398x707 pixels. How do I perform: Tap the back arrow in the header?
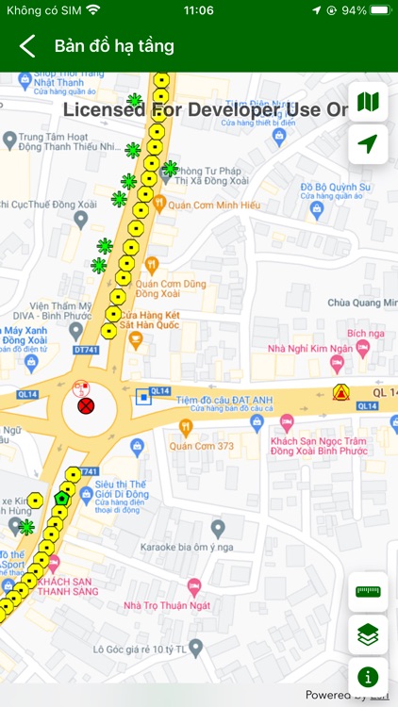coord(27,46)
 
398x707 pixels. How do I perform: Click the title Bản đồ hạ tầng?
coord(114,46)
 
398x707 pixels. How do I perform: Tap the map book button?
coord(368,102)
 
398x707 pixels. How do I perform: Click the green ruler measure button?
coord(368,591)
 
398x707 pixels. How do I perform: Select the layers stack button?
coord(368,634)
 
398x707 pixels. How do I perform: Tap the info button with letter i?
coord(368,676)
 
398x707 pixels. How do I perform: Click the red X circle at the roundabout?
coord(86,406)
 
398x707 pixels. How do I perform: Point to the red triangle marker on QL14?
coord(340,392)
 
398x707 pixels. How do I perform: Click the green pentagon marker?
coord(62,497)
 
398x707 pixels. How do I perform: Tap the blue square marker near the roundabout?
coord(142,397)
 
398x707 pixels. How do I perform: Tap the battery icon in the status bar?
coord(380,10)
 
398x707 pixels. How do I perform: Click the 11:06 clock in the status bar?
coord(198,10)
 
